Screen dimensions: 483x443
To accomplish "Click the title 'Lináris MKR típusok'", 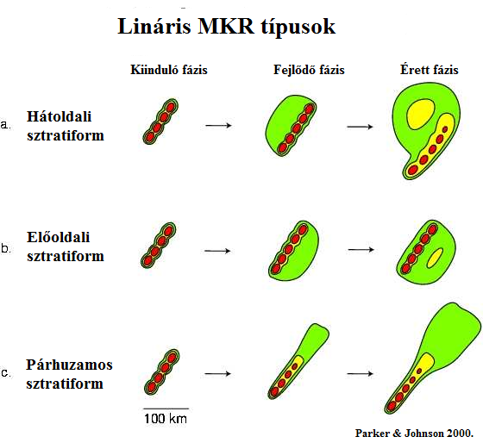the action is click(226, 27).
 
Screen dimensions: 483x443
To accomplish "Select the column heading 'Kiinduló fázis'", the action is click(169, 70).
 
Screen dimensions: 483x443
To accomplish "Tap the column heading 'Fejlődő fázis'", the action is click(309, 70).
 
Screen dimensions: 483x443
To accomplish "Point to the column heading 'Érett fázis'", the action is click(430, 70).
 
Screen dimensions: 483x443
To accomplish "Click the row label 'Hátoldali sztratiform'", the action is click(66, 126).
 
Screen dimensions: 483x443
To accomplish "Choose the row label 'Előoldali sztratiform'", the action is click(66, 246).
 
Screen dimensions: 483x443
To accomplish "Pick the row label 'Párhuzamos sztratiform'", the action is click(69, 374).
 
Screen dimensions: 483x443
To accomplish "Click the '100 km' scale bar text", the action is click(166, 419).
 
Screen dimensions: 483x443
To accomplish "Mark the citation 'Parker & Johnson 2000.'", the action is click(414, 434).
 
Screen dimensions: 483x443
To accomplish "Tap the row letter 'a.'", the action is click(5, 125).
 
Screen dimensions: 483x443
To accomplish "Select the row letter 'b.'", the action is click(6, 248).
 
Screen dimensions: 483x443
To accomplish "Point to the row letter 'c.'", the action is click(6, 373).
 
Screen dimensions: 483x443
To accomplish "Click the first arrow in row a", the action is click(218, 125).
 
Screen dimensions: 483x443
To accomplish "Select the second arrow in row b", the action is click(361, 250).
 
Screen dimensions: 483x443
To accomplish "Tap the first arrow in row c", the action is click(217, 374).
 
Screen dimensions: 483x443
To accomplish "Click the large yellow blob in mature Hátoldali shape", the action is click(421, 114).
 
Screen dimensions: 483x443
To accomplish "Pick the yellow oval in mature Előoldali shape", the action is click(435, 258).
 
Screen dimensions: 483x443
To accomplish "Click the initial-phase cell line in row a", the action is click(160, 122).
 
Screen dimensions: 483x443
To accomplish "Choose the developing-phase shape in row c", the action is click(298, 361).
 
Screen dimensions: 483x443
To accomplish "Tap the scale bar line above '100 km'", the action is click(166, 409).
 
